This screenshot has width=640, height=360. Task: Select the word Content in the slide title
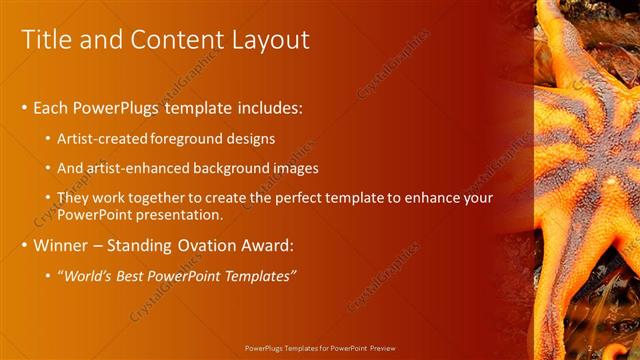click(x=174, y=39)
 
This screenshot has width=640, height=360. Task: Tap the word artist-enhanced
click(x=139, y=169)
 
